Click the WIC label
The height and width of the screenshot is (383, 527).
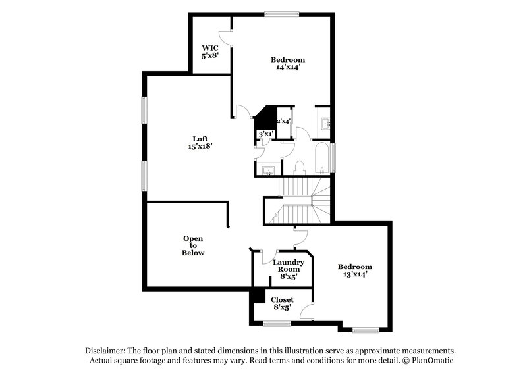[209, 47]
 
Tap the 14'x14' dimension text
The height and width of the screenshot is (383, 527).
[288, 67]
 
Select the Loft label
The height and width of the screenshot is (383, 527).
[200, 138]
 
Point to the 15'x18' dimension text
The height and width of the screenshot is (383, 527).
[200, 147]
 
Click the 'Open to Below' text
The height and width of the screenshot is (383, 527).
[193, 245]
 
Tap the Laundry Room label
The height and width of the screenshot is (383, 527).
[289, 265]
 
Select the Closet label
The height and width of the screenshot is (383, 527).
[283, 299]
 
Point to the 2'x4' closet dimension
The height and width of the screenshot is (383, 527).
[283, 121]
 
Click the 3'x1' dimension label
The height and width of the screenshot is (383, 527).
[266, 134]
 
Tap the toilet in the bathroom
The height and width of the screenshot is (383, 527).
[299, 168]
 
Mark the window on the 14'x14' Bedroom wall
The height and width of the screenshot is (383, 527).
[282, 14]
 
